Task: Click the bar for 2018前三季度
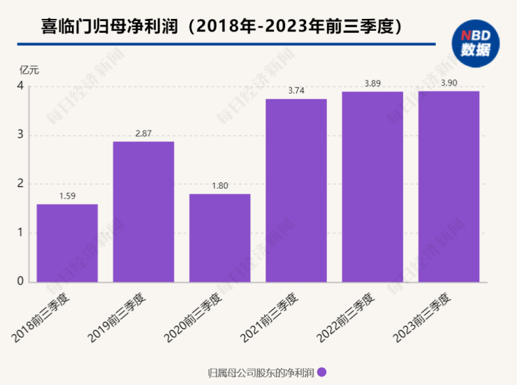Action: (67, 243)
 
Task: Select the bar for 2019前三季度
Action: (143, 212)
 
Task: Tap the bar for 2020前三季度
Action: (220, 238)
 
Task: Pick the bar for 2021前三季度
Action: (296, 191)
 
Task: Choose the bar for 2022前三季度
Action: (372, 187)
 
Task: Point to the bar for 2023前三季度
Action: (449, 187)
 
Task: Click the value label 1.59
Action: (67, 196)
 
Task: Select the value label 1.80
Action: (220, 186)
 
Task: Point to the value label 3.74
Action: (296, 92)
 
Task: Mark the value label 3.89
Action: (372, 84)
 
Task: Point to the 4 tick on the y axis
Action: (21, 87)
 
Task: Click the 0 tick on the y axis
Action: (21, 282)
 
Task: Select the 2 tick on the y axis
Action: (21, 184)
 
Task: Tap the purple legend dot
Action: (322, 372)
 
